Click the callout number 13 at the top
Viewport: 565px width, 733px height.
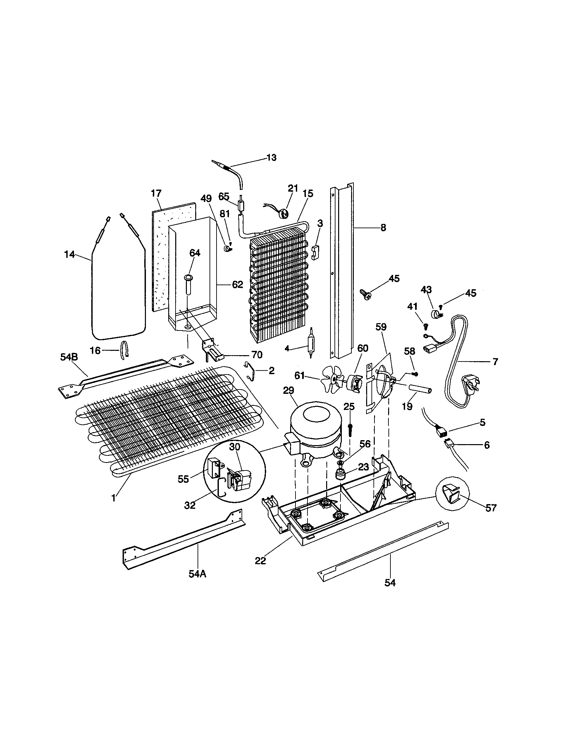coord(272,157)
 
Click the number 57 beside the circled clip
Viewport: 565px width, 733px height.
coord(491,508)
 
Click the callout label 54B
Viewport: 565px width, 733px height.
coord(69,357)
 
